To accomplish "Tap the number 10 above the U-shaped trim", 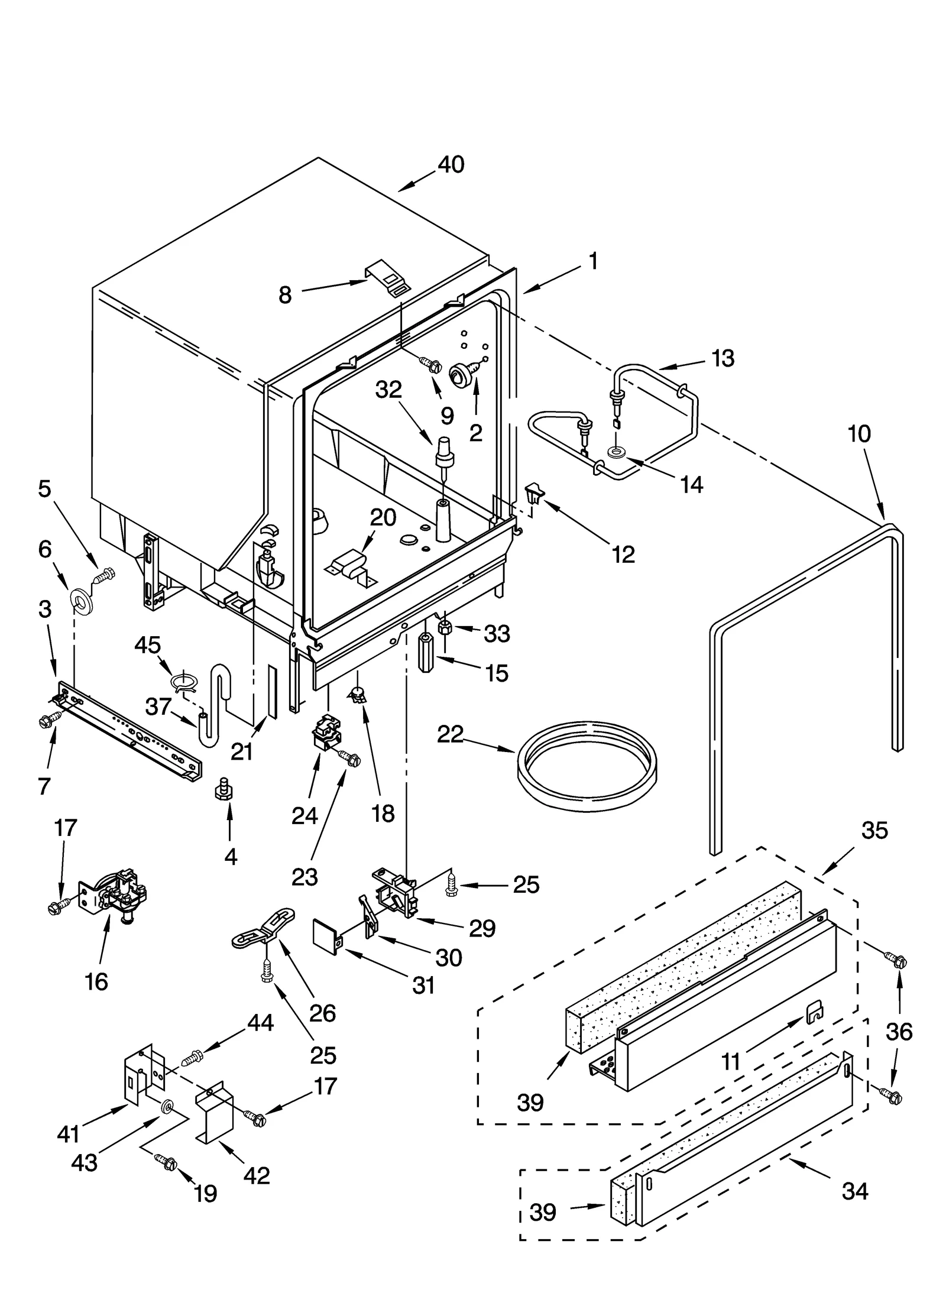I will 858,434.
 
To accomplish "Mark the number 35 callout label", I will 874,831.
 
